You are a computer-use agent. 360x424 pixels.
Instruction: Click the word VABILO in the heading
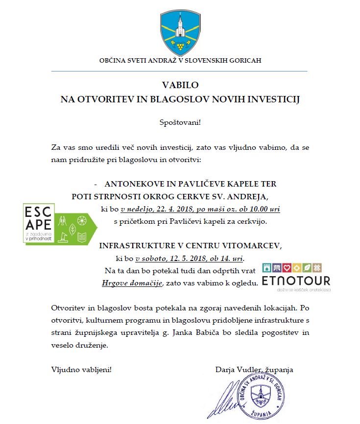pyautogui.click(x=179, y=85)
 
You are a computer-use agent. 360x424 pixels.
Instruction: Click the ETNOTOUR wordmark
pyautogui.click(x=296, y=281)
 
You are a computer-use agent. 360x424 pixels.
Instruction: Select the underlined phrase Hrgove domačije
pyautogui.click(x=132, y=283)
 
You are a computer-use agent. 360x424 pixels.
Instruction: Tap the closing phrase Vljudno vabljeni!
pyautogui.click(x=81, y=369)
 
